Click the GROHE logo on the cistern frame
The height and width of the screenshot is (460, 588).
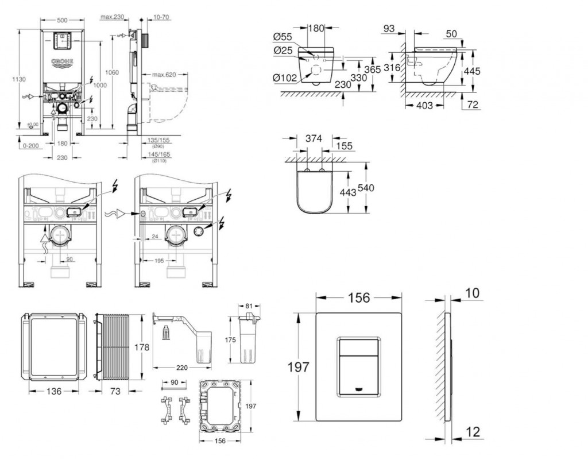[63, 61]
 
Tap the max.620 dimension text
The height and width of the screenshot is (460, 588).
[163, 74]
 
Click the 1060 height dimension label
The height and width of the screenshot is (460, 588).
[113, 72]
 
